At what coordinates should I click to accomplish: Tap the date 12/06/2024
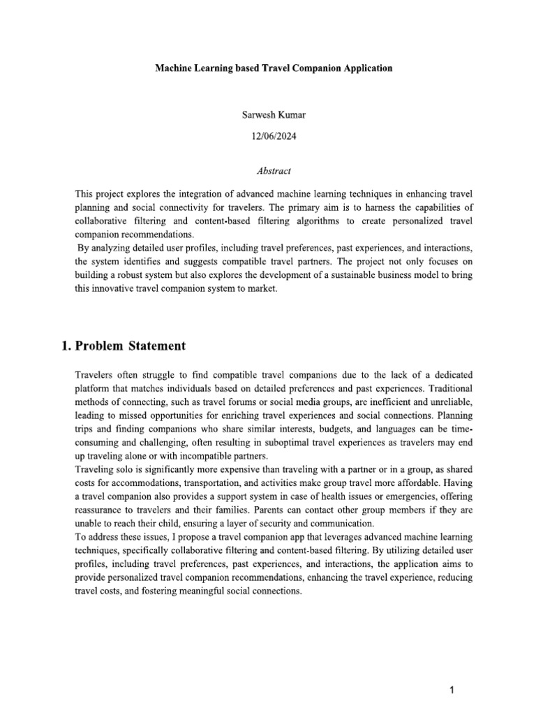[x=268, y=137]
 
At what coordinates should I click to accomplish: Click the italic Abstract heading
[x=268, y=170]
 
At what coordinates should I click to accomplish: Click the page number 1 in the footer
[x=452, y=671]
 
